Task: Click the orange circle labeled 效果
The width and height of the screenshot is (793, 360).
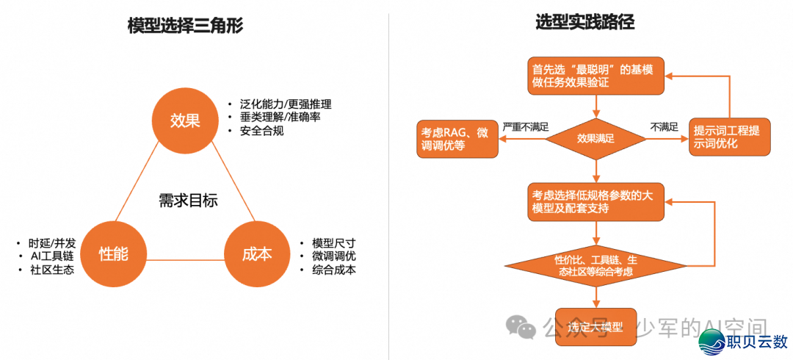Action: pyautogui.click(x=185, y=120)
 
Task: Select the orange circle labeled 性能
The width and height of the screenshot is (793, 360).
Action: pyautogui.click(x=114, y=254)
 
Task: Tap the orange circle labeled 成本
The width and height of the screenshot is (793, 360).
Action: pyautogui.click(x=256, y=254)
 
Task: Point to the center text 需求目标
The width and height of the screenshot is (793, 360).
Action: pyautogui.click(x=188, y=201)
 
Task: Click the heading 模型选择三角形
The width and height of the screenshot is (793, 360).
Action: pyautogui.click(x=185, y=27)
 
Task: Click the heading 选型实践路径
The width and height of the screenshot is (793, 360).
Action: pyautogui.click(x=584, y=23)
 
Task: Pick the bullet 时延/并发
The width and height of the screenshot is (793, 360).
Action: pyautogui.click(x=52, y=242)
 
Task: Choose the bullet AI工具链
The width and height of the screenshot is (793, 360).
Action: pyautogui.click(x=52, y=256)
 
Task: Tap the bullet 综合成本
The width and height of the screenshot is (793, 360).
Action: pyautogui.click(x=334, y=270)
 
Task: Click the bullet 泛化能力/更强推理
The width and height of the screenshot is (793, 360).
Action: pyautogui.click(x=285, y=104)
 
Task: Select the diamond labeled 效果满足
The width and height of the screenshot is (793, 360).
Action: pyautogui.click(x=595, y=137)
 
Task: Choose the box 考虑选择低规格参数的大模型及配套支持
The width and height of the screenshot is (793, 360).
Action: pyautogui.click(x=595, y=202)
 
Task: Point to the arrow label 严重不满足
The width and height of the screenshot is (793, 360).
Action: pyautogui.click(x=526, y=126)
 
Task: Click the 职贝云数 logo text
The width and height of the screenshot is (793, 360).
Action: pyautogui.click(x=756, y=342)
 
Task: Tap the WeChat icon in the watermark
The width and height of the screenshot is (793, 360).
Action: pyautogui.click(x=524, y=328)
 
